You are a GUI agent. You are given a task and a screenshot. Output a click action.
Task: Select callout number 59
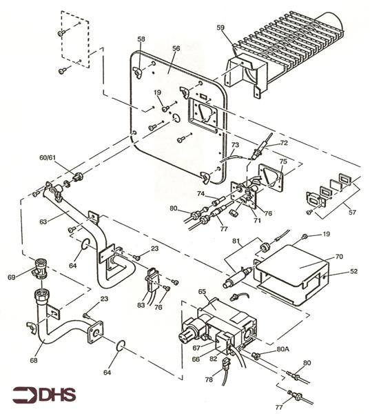tap(220, 28)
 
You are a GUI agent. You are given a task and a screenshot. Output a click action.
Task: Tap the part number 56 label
tap(176, 49)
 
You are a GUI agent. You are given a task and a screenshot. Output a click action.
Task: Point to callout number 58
tap(141, 40)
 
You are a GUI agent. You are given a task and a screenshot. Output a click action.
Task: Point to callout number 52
tap(354, 271)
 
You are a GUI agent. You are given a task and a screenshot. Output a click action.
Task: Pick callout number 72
tap(283, 142)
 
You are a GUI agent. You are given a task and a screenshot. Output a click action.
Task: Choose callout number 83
tap(141, 304)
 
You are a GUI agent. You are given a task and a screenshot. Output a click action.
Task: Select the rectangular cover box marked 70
tap(289, 273)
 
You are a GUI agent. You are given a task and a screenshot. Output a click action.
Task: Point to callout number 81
tap(235, 241)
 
